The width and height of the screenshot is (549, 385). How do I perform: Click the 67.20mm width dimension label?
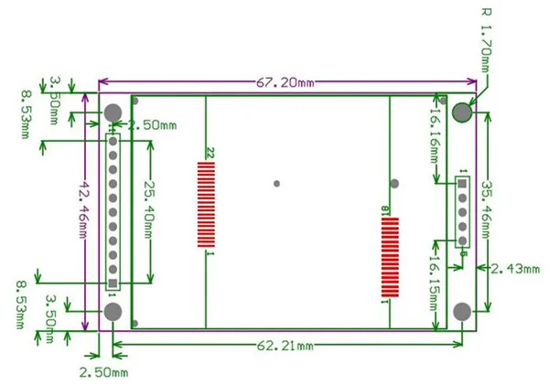[x=285, y=82]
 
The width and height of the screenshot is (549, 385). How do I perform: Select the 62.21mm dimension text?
[x=285, y=346]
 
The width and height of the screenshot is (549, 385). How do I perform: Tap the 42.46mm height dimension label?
[x=83, y=209]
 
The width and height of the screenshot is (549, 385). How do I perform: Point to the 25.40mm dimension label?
[x=149, y=209]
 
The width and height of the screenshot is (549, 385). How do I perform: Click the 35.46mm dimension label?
[x=487, y=209]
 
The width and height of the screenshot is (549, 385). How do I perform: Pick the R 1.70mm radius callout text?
[x=486, y=40]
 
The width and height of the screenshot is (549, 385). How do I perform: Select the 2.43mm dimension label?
[x=515, y=269]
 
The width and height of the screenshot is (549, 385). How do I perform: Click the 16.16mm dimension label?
[x=434, y=135]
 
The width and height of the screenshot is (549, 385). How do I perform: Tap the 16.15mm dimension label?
[x=434, y=283]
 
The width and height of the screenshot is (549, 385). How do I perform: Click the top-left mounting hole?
[x=113, y=112]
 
